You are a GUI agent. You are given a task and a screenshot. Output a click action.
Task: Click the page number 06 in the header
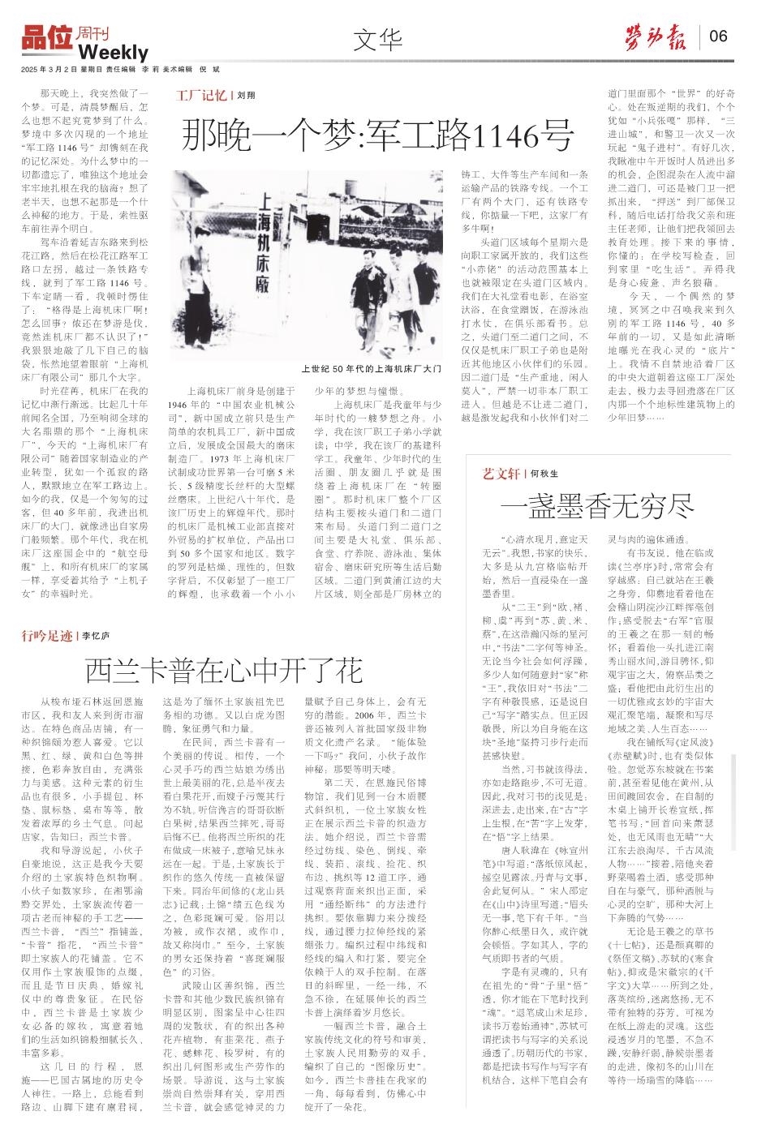718,36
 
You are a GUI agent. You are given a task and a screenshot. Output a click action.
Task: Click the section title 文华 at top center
378,38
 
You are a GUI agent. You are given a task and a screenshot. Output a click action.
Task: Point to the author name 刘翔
246,96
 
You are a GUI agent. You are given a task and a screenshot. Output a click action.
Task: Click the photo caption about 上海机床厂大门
371,368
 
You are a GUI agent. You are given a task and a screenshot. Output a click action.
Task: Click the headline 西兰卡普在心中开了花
224,670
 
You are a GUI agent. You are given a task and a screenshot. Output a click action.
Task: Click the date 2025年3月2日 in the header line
48,70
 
